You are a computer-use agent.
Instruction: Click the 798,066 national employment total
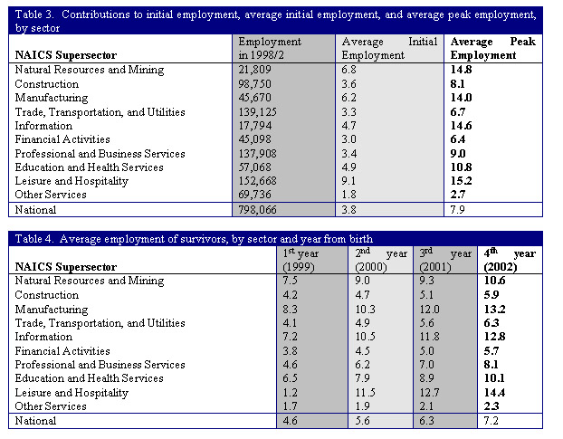tap(257, 210)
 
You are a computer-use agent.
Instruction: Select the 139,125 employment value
tap(257, 112)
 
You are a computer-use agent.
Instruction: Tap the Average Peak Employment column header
tap(493, 49)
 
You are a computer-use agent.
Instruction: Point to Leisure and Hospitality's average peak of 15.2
tap(462, 180)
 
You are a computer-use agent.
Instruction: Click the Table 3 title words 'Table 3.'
tap(34, 14)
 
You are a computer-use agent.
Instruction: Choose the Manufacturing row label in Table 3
tap(52, 98)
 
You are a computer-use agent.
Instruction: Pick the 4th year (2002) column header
tap(510, 260)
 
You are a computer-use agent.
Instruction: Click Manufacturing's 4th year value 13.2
tap(495, 309)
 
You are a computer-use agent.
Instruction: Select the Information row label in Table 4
tap(43, 337)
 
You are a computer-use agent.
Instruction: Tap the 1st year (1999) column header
tap(301, 260)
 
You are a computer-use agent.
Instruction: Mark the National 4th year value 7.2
tap(491, 420)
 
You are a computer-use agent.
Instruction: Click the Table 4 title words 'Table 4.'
tap(33, 239)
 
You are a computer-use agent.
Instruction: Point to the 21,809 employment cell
tap(254, 70)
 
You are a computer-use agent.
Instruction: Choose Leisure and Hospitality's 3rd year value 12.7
tap(429, 392)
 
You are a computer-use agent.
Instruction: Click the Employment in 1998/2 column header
tap(270, 49)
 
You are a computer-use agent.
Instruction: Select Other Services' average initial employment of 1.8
tap(348, 195)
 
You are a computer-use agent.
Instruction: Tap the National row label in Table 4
tap(35, 420)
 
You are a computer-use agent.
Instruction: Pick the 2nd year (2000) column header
tap(381, 260)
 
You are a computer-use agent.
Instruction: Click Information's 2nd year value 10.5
tap(365, 337)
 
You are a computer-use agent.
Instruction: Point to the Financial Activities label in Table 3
tap(62, 139)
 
